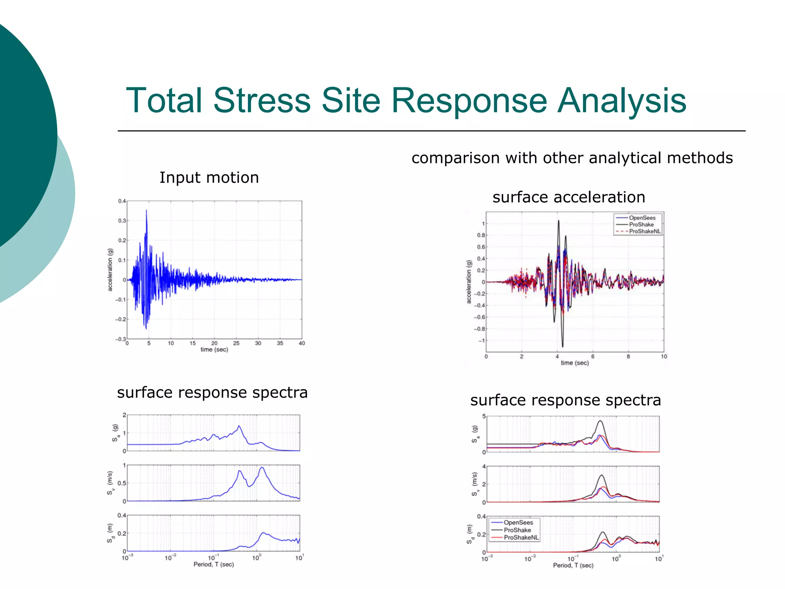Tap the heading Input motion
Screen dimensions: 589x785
[209, 178]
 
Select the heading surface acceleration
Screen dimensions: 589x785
[568, 197]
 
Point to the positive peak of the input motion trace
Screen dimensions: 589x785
[146, 211]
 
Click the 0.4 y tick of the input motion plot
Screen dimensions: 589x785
[122, 201]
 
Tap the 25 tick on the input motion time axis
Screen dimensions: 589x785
[236, 343]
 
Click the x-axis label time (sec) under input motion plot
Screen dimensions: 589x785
[214, 349]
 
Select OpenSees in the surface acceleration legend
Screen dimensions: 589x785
[642, 218]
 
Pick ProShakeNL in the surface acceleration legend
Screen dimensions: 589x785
[645, 231]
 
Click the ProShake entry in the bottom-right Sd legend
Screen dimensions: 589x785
[517, 530]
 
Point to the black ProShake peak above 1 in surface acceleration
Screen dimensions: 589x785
[558, 221]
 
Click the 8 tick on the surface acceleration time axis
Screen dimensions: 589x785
[628, 356]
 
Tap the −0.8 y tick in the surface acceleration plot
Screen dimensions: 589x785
[480, 329]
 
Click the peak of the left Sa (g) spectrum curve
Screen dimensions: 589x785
[239, 426]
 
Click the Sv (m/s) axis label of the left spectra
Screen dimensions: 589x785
[110, 483]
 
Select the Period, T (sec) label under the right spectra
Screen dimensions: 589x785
[573, 565]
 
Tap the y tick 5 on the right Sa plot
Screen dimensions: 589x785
[484, 416]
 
